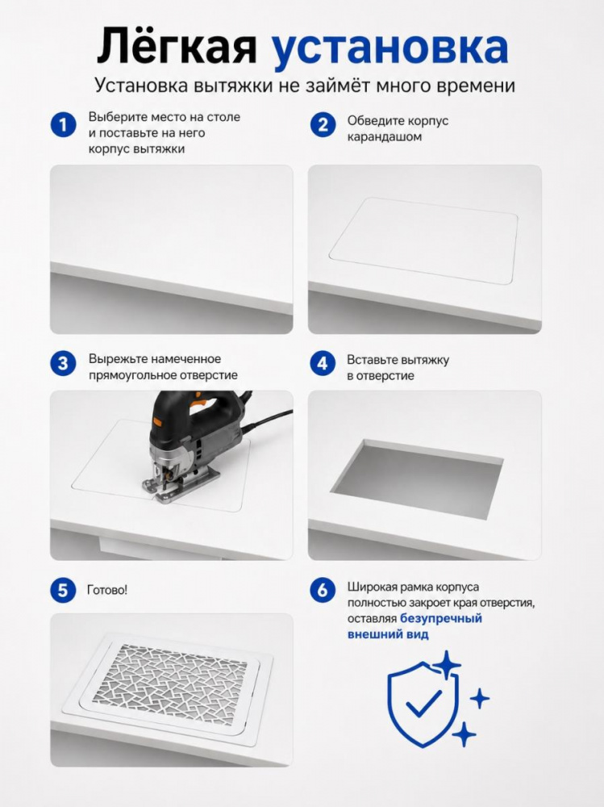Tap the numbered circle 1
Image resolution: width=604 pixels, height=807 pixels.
click(63, 125)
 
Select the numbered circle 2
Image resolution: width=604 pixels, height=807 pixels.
click(323, 124)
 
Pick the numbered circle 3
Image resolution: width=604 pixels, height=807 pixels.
click(63, 363)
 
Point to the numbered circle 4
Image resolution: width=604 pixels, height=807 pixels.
click(323, 363)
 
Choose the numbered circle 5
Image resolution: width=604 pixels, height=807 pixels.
click(63, 590)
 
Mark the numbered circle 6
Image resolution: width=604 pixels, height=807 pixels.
click(323, 590)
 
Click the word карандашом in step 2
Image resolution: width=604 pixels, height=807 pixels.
click(385, 137)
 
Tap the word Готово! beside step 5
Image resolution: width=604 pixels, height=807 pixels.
click(107, 590)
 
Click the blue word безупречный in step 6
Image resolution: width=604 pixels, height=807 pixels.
click(441, 619)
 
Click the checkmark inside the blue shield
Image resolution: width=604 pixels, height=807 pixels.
click(424, 703)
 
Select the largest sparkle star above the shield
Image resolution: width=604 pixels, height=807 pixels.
click(447, 666)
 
